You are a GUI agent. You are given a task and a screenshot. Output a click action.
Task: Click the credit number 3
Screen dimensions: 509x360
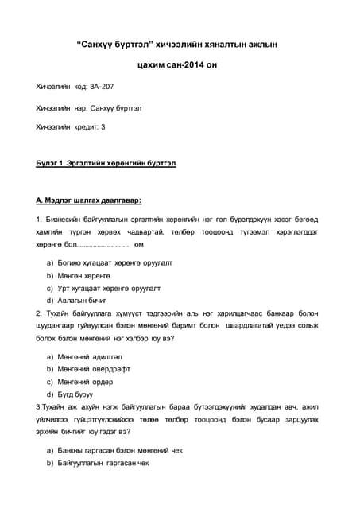tap(103, 126)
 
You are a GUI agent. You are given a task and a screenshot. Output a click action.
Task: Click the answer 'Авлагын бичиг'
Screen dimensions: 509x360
tap(82, 301)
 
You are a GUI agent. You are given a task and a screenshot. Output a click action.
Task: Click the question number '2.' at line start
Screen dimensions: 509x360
tap(39, 313)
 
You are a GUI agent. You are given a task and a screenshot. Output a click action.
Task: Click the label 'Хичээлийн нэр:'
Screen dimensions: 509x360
tap(62, 107)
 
